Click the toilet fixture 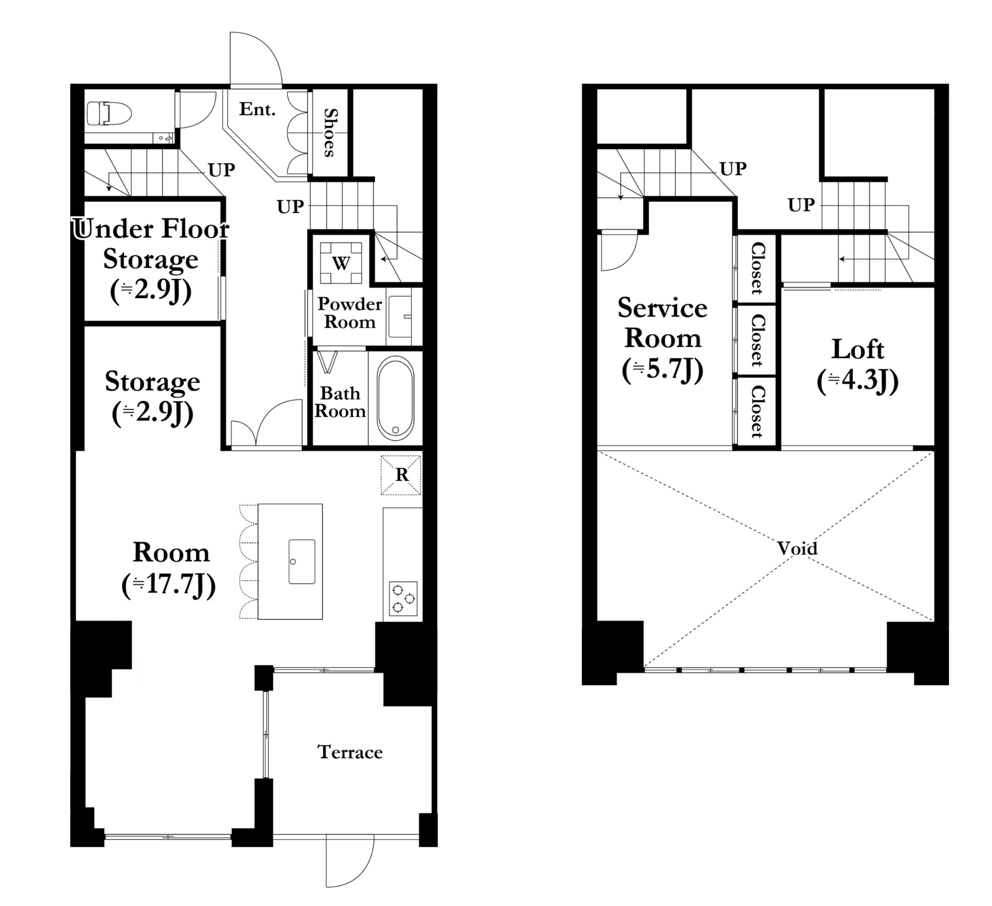(109, 114)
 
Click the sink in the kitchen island (302, 561)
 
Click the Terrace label (350, 752)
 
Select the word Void (797, 548)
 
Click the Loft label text (858, 349)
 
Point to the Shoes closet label (331, 133)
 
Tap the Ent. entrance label (257, 109)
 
